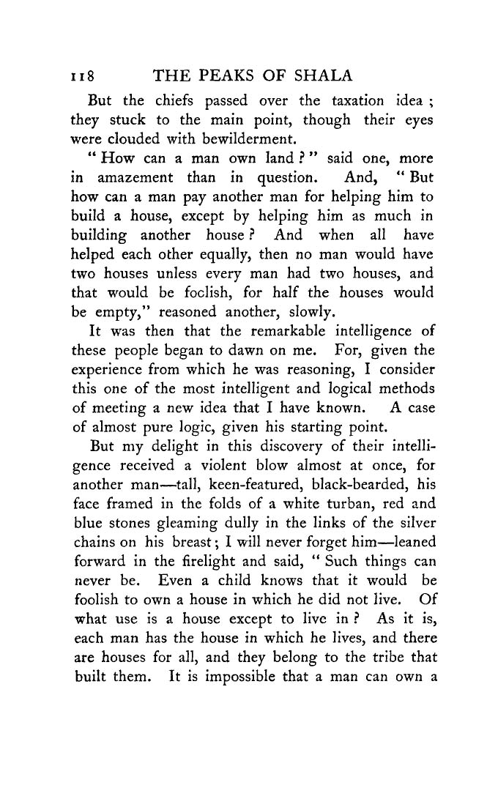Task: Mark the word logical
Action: [335, 389]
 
